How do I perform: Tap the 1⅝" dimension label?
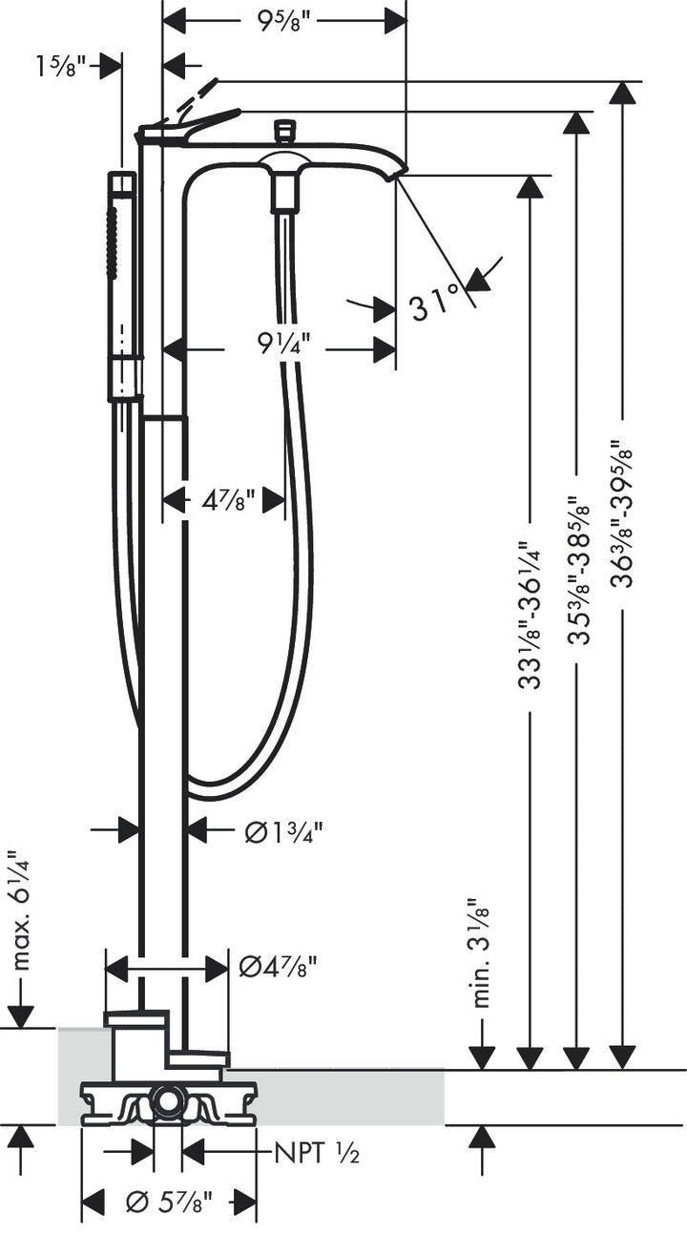click(61, 66)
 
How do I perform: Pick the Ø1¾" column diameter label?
click(283, 831)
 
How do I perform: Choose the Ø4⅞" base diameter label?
click(277, 968)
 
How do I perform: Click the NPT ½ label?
click(317, 1154)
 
